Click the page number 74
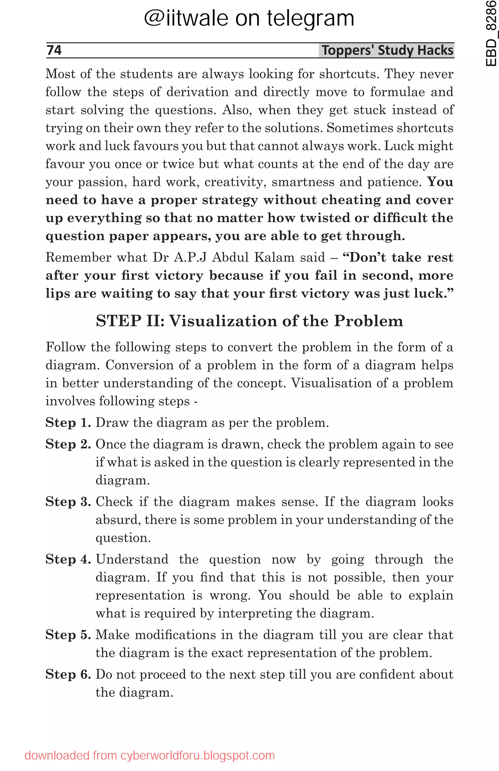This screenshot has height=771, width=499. [x=54, y=50]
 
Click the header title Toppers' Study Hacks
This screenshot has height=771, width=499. [x=387, y=50]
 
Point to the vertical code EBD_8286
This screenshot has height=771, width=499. [x=491, y=33]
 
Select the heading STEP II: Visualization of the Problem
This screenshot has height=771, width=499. [x=249, y=321]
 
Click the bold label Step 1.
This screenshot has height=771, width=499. [x=68, y=423]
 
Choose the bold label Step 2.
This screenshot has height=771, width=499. [x=68, y=444]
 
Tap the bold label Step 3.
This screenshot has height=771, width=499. [x=68, y=502]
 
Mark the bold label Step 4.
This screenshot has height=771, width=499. [x=68, y=559]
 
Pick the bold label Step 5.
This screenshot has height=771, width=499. [x=68, y=635]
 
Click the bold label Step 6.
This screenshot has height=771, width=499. [x=68, y=675]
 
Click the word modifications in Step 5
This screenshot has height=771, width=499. [x=175, y=635]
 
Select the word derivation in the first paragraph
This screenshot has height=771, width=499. [x=198, y=92]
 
